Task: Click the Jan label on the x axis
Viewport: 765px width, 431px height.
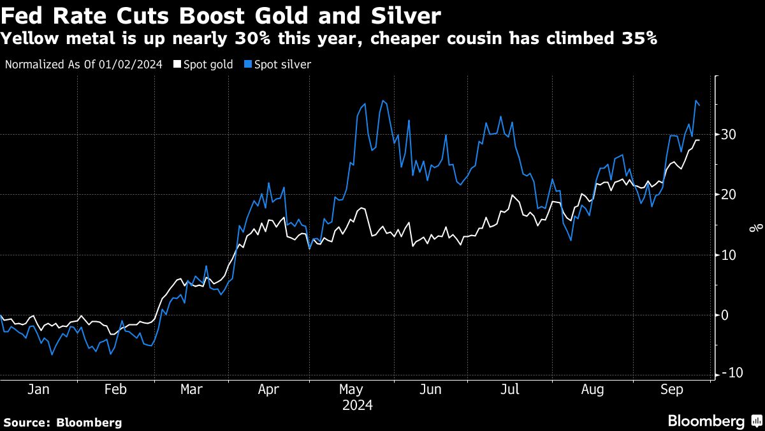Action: [38, 389]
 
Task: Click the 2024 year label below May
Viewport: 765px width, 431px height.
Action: [357, 405]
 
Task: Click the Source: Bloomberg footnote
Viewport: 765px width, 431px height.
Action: [62, 422]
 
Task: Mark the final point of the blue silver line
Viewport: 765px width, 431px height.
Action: [699, 105]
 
